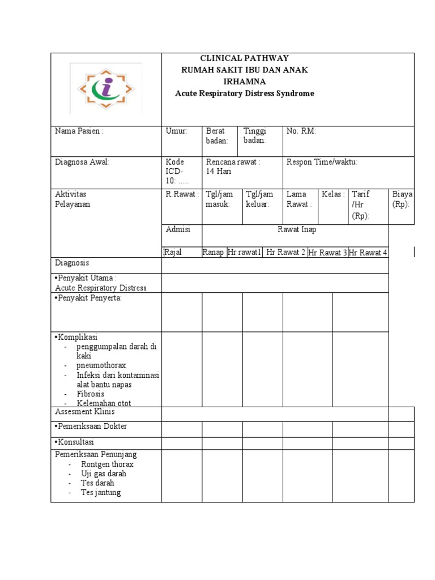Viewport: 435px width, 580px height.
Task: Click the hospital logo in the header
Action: [x=106, y=88]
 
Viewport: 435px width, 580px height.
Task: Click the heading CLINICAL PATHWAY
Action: [x=244, y=58]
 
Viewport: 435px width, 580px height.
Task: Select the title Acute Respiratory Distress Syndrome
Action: [x=244, y=93]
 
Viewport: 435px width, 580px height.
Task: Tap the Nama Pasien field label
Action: [x=79, y=131]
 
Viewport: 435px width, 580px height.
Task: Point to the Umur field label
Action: [x=176, y=131]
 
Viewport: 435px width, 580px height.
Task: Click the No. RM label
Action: [x=301, y=131]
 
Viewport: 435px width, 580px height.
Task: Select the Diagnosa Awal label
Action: [x=82, y=162]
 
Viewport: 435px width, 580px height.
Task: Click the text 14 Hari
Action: [x=220, y=172]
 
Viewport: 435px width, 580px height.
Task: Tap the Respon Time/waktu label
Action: [x=322, y=162]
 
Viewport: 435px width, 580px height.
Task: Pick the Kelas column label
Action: [x=333, y=194]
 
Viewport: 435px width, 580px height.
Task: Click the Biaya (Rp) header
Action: [x=403, y=199]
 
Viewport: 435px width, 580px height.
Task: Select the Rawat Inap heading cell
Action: [x=297, y=229]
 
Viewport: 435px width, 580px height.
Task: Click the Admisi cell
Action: [x=178, y=229]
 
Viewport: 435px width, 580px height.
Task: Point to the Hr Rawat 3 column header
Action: [x=327, y=253]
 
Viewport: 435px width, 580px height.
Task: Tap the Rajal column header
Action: [x=173, y=252]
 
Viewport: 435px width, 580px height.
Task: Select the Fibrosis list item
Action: [x=91, y=394]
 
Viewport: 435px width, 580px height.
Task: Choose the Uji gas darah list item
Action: [x=104, y=474]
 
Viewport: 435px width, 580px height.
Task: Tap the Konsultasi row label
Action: [x=74, y=442]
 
